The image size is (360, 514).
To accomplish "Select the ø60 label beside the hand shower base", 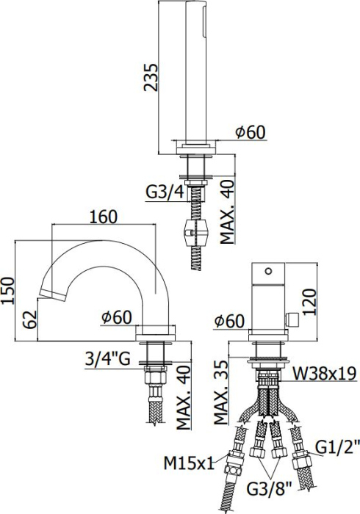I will pos(250,132).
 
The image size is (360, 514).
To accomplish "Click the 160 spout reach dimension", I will pos(103,217).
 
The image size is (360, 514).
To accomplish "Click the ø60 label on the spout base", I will pos(116,318).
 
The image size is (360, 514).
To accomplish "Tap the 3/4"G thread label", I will pos(108,361).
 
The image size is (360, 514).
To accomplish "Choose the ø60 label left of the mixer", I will pos(229,321).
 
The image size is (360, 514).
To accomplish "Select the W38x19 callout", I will pos(325,374).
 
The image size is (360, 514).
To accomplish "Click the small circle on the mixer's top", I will pos(270,270).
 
